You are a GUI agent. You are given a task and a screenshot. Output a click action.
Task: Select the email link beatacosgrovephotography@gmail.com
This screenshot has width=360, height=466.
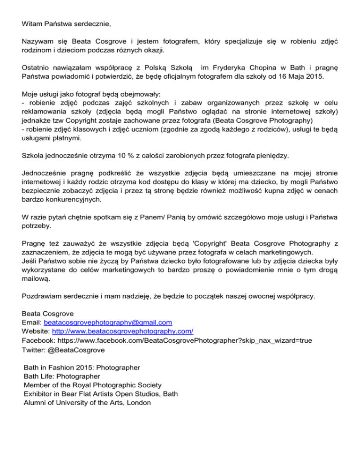click(x=107, y=323)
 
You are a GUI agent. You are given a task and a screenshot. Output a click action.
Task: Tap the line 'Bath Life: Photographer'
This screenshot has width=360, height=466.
click(x=61, y=376)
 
